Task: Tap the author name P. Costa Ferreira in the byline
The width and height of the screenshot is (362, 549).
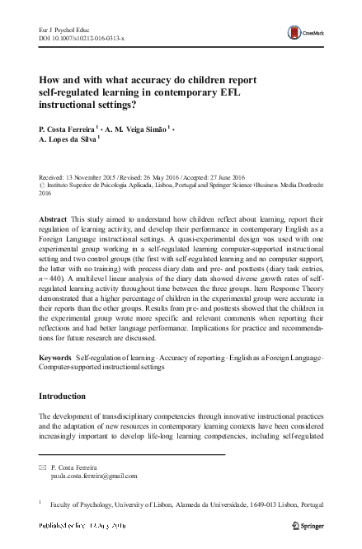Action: click(x=67, y=130)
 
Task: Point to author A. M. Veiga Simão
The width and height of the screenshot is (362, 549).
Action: click(x=136, y=130)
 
